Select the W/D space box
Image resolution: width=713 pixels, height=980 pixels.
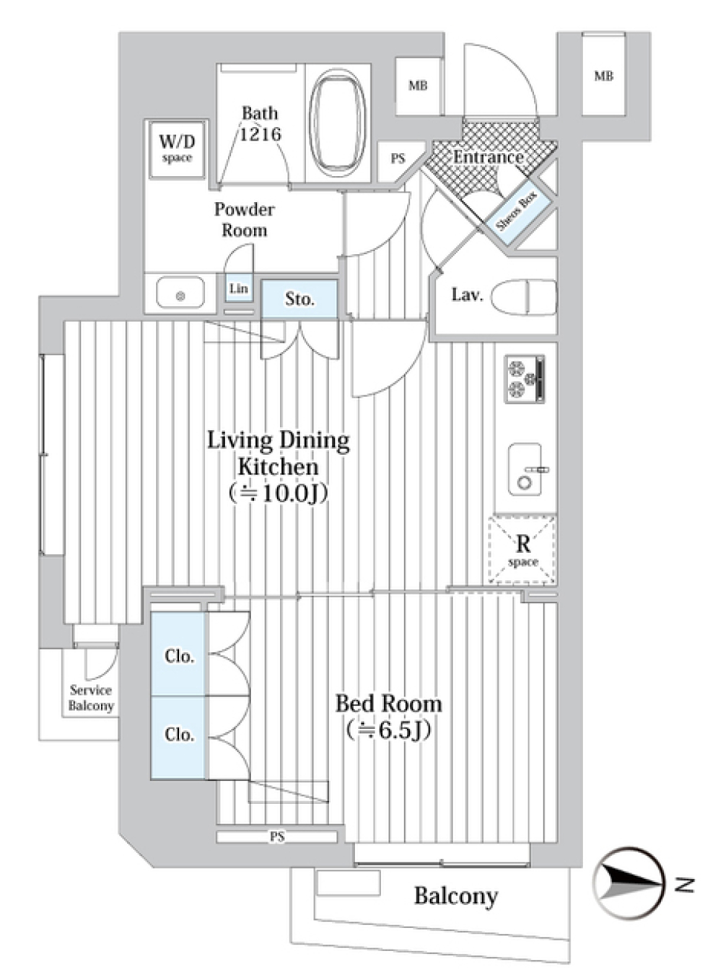coord(177,148)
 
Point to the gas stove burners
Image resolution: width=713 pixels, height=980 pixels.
coord(524,379)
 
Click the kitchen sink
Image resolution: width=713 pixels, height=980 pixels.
coord(525,469)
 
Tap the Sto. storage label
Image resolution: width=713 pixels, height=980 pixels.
coord(299,299)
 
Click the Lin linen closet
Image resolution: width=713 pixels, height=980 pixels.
coord(238,288)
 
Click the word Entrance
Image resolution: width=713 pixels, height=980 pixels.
coord(488,157)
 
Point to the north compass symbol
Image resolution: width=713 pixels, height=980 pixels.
coord(628,883)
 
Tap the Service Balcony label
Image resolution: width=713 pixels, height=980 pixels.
coord(91,698)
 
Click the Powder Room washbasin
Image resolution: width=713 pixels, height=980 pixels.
coord(180,294)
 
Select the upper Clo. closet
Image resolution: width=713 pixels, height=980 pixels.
coord(179,656)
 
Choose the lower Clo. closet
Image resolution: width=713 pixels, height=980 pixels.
coord(179,734)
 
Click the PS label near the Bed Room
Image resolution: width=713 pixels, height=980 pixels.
coord(277,837)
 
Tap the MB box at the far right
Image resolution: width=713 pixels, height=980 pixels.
coord(603,76)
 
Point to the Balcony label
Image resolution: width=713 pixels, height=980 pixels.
coord(455,895)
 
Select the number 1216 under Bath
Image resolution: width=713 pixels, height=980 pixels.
coord(260,134)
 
